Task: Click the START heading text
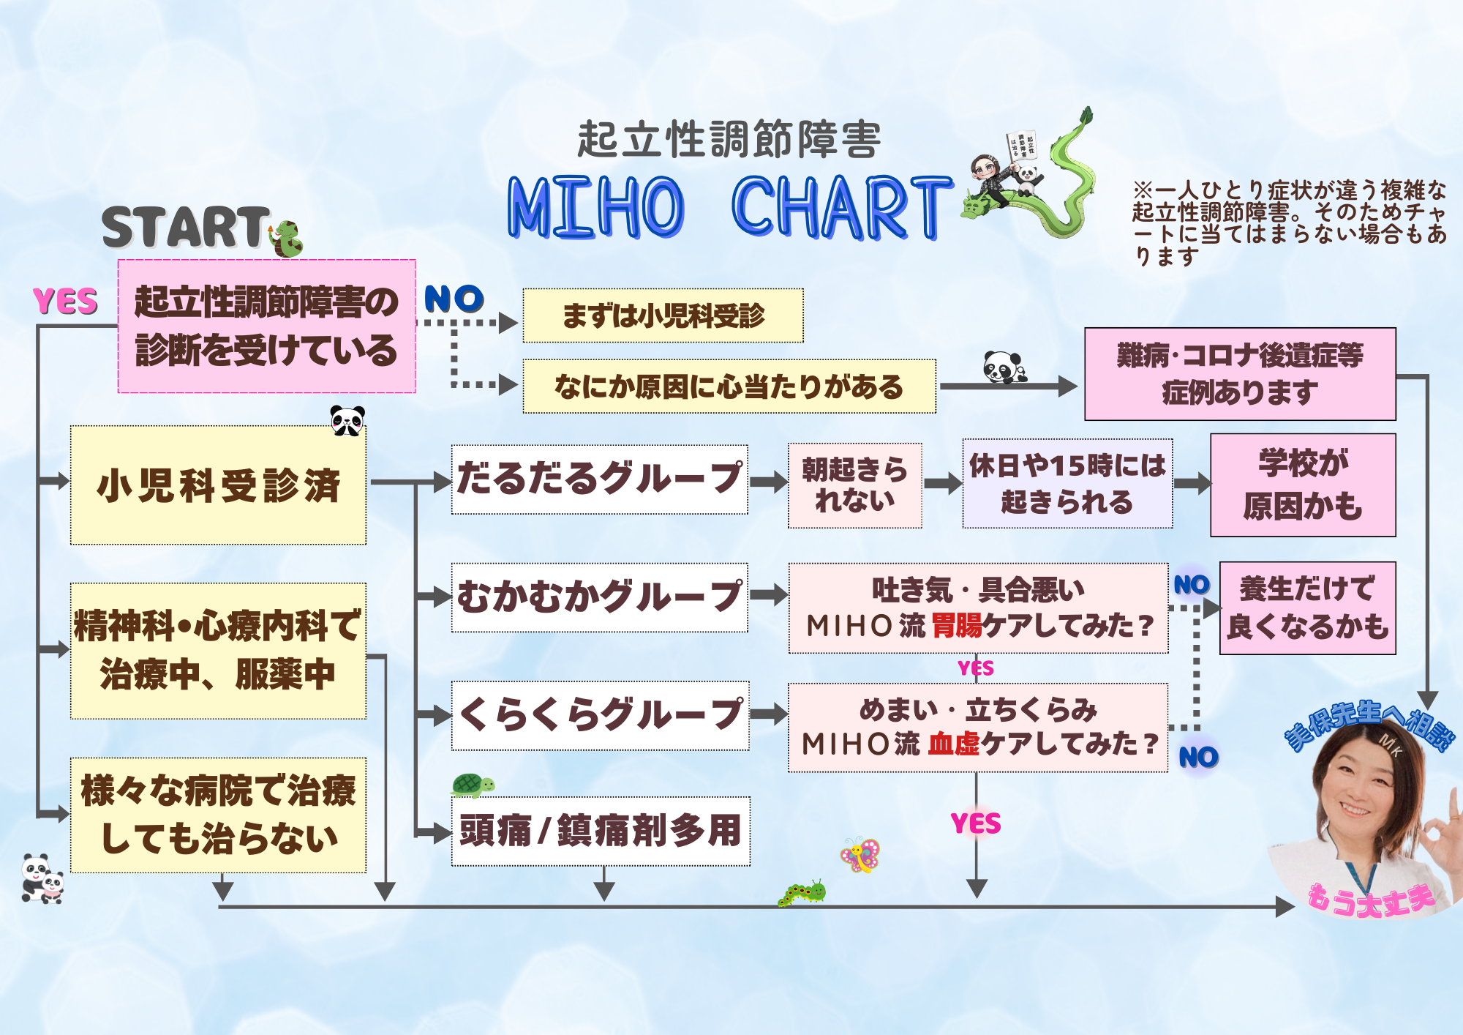[186, 227]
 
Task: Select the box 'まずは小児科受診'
[663, 315]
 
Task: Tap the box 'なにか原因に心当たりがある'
[729, 386]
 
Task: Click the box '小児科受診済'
[218, 485]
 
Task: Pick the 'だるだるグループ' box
[600, 479]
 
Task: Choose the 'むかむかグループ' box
[600, 597]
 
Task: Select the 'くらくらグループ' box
[600, 716]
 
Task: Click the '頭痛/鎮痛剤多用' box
[601, 832]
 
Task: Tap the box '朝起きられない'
[854, 485]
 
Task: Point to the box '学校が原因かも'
[1303, 485]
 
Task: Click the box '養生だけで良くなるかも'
[1308, 608]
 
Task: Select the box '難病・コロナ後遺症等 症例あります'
[1240, 374]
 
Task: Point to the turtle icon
[473, 785]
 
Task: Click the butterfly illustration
[860, 855]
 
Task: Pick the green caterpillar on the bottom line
[802, 894]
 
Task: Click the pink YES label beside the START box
[65, 302]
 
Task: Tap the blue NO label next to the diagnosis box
[454, 299]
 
